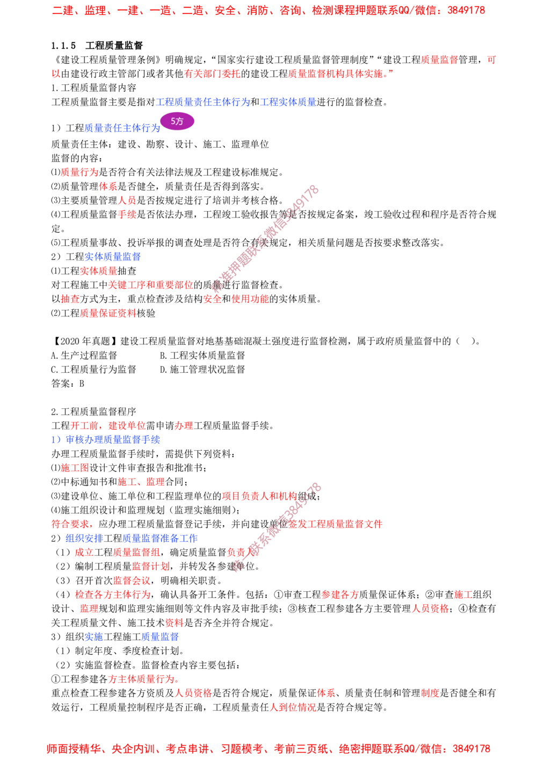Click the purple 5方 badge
177,121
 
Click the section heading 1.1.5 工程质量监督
97,46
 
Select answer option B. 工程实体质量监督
202,355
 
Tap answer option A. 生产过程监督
84,355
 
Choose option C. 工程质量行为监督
93,369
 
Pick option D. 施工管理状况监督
202,369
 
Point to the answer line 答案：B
68,383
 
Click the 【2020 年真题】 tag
85,341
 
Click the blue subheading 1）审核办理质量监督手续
105,440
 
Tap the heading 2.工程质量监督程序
93,411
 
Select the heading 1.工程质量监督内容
93,88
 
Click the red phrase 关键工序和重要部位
150,285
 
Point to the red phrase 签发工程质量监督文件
335,524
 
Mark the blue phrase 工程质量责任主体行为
203,102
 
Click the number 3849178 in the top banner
466,10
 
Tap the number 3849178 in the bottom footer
471,749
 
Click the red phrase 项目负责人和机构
259,496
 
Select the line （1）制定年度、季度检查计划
118,651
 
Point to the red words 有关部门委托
212,74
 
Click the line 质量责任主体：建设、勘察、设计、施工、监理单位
160,144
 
